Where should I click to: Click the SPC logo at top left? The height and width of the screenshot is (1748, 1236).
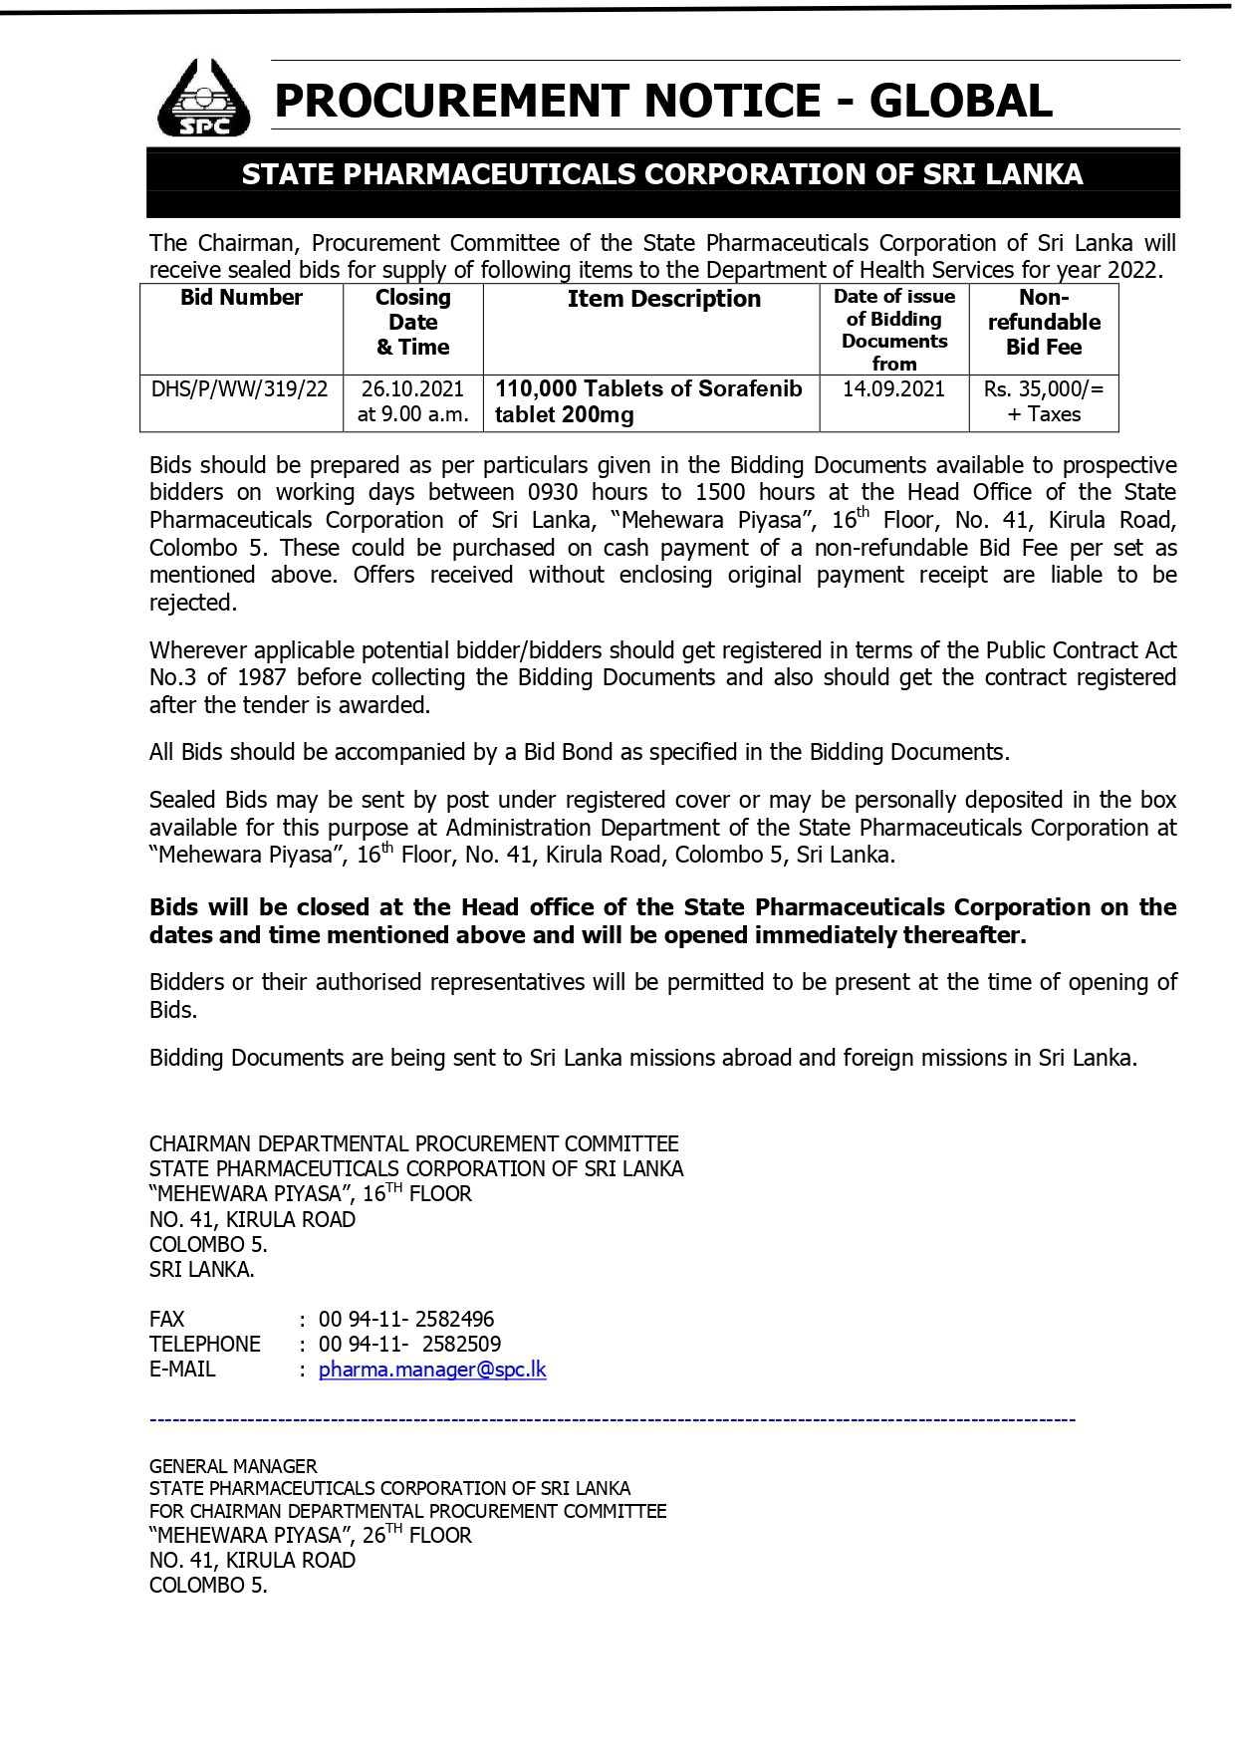[x=203, y=99]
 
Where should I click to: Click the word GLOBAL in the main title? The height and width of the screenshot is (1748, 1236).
[x=960, y=101]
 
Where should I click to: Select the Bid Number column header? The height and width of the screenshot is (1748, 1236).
[x=241, y=298]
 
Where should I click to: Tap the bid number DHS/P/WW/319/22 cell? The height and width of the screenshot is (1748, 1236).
[x=239, y=388]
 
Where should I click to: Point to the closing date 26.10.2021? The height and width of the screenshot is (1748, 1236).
[x=412, y=388]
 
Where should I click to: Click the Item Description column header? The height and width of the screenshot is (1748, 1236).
[x=663, y=299]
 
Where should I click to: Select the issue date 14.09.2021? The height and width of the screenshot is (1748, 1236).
[x=893, y=388]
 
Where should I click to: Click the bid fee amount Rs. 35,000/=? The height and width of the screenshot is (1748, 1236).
[x=1043, y=388]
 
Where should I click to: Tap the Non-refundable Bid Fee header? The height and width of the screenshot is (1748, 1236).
[x=1044, y=322]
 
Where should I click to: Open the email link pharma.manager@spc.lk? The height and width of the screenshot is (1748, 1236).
[x=432, y=1370]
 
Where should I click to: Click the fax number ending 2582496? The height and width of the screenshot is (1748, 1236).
[x=406, y=1319]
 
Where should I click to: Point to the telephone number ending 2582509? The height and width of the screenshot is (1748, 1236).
[x=409, y=1344]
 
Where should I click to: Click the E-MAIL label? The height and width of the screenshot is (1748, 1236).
[x=182, y=1370]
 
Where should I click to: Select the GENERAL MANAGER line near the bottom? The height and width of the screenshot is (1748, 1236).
[x=233, y=1466]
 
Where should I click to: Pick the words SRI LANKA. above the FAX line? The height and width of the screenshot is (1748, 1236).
[x=202, y=1269]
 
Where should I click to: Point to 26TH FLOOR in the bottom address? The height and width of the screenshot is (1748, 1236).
[x=416, y=1535]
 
